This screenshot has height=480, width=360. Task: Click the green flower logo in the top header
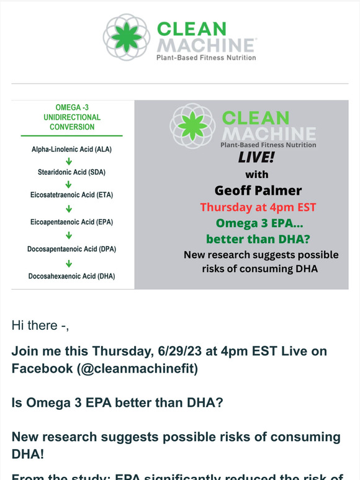[x=127, y=37]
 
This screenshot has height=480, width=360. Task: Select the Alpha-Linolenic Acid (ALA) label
[x=71, y=149]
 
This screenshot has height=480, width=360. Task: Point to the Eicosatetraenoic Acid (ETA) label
[x=71, y=195]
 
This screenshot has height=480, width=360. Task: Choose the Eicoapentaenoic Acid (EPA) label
[x=71, y=221]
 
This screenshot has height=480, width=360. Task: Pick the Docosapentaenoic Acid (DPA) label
[x=71, y=249]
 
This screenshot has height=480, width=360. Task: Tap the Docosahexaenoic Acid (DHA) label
[x=71, y=276]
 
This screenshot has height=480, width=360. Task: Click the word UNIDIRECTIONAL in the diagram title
[x=72, y=117]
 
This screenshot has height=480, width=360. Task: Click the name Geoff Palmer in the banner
[x=258, y=190]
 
